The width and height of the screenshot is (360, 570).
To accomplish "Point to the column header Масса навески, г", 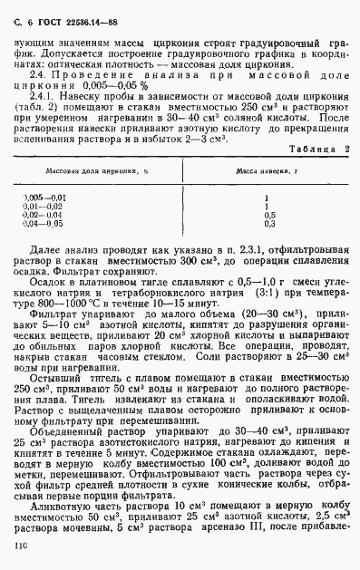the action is pos(266,170).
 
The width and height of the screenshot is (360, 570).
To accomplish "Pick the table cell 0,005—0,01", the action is pos(44,198).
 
